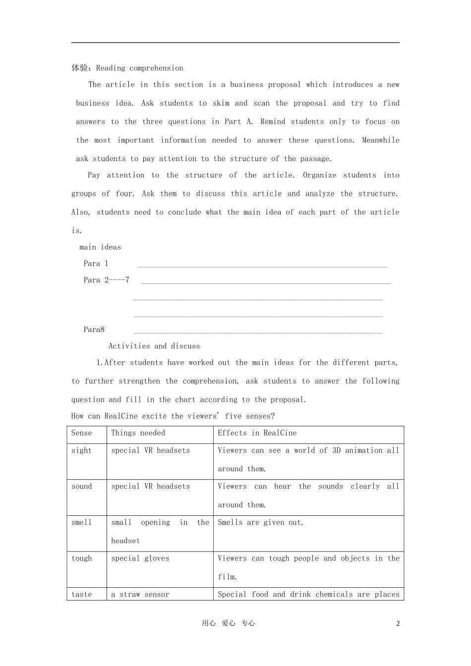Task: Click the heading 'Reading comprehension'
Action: (139, 68)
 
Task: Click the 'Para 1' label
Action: (96, 264)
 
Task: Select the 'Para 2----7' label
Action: (106, 280)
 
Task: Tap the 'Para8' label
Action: (94, 330)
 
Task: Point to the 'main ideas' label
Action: (100, 247)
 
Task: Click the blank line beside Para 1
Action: (262, 267)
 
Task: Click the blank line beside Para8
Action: (258, 333)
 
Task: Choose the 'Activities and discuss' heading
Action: (154, 346)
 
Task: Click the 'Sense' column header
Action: (82, 433)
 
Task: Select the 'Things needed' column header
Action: (138, 433)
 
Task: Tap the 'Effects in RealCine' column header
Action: (257, 433)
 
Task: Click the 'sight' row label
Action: (82, 450)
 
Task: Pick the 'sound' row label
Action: (82, 487)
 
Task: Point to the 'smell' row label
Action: (82, 522)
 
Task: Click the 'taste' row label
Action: (82, 595)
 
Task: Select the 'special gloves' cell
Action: (140, 558)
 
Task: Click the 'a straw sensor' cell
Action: (140, 595)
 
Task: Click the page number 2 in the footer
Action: (398, 624)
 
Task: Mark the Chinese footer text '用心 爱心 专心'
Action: (228, 624)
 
